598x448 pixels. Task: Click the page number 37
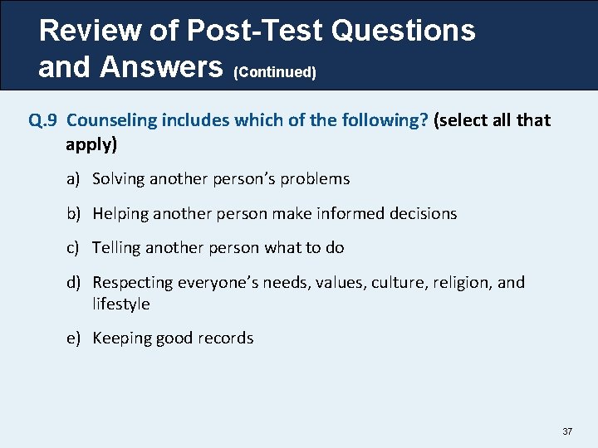[568, 431]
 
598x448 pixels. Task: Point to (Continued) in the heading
[276, 73]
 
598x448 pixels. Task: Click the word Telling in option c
[116, 248]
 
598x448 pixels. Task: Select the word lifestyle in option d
[121, 304]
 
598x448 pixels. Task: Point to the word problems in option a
[316, 179]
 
